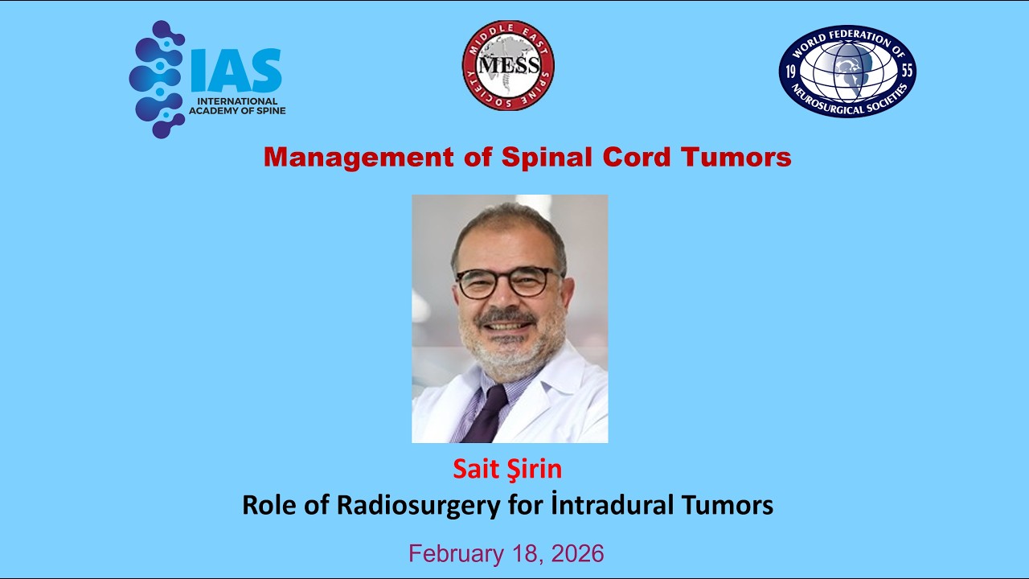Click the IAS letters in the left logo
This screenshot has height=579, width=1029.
point(236,71)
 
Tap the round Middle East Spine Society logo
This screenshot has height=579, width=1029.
point(508,66)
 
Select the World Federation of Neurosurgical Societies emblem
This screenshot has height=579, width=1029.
point(847,71)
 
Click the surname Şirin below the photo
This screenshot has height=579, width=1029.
point(535,469)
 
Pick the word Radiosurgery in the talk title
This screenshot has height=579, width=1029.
point(409,506)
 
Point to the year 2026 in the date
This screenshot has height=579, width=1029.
point(576,553)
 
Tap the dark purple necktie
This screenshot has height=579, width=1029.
point(490,414)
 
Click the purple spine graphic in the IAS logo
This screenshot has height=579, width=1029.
point(158,79)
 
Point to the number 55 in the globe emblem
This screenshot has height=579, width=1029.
point(908,70)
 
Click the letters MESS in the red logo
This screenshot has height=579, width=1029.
point(508,64)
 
